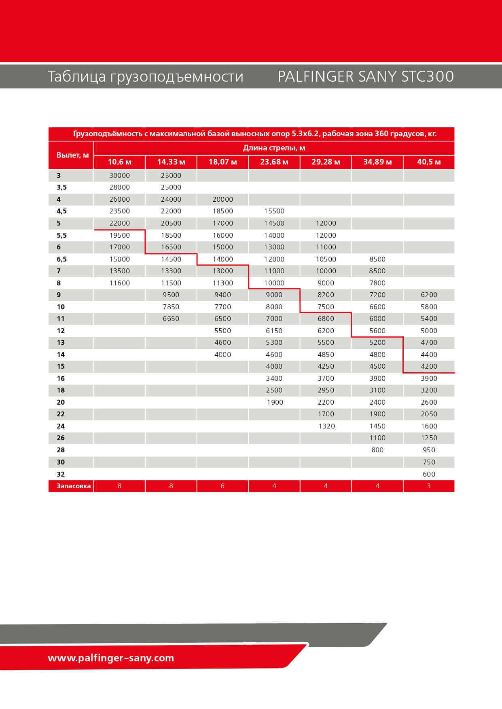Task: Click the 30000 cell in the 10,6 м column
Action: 119,175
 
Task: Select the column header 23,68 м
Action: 274,162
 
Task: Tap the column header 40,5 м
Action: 429,162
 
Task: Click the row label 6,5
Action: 61,260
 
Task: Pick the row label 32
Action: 61,474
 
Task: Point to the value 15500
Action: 274,211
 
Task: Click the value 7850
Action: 171,307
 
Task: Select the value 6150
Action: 274,331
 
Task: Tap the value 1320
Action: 326,426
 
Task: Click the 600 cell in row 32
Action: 429,474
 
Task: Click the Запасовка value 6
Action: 222,486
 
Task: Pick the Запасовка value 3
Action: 429,486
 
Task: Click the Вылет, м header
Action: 72,155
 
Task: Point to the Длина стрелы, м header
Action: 274,148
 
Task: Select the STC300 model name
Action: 428,76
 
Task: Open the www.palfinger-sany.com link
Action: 111,658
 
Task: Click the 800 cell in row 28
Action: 377,450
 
